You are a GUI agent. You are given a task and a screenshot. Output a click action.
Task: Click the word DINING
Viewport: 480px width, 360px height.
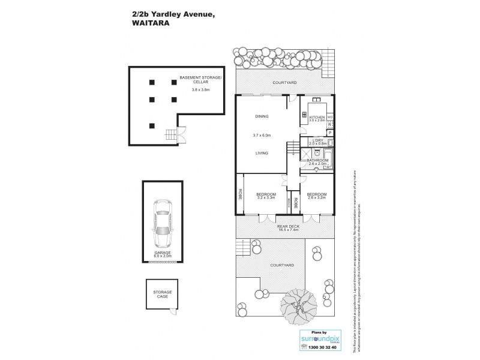(x=262, y=116)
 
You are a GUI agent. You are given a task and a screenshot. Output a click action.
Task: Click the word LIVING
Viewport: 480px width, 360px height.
(x=262, y=154)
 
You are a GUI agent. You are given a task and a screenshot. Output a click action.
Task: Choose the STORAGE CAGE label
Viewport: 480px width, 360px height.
(x=158, y=294)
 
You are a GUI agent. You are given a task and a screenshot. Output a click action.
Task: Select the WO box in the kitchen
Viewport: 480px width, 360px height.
(x=330, y=117)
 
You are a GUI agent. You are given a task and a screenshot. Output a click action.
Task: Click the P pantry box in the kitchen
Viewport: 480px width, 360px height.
(x=330, y=132)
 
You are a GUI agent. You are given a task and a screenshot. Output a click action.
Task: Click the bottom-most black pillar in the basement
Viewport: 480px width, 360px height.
(x=152, y=125)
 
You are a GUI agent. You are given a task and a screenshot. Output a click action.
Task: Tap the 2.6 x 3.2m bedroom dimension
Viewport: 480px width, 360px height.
(x=316, y=198)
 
